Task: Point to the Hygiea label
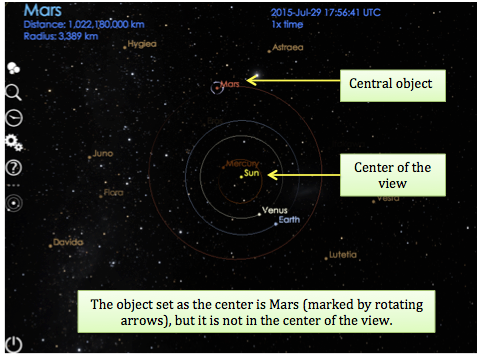(x=141, y=45)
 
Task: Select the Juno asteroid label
(x=101, y=154)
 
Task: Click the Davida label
(x=68, y=242)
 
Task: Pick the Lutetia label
(x=342, y=255)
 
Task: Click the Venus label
(x=274, y=210)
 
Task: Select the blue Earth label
(x=289, y=220)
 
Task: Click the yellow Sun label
(x=251, y=174)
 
